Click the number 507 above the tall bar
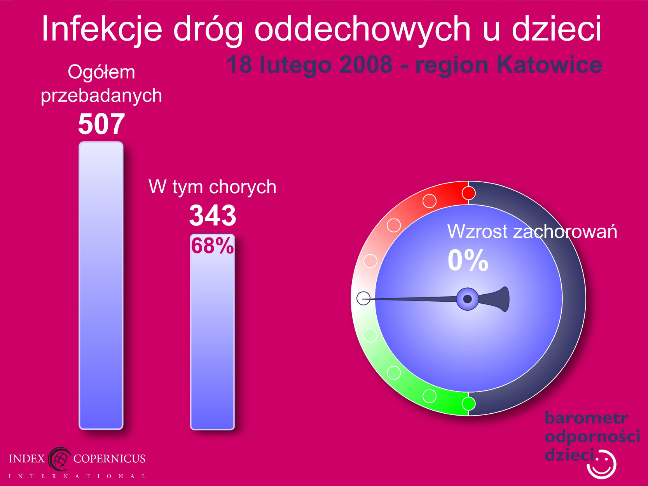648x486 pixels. (101, 124)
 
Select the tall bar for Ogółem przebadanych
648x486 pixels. (101, 285)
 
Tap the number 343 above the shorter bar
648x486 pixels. (213, 215)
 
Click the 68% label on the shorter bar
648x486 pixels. (213, 246)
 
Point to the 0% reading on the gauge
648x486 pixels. (468, 260)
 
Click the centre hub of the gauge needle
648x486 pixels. (467, 299)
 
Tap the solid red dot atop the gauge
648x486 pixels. (468, 193)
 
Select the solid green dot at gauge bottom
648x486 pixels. (468, 404)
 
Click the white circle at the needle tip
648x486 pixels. (363, 298)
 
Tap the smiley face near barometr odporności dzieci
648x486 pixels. (601, 464)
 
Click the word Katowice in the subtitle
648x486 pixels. (549, 65)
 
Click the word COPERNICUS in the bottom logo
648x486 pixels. (109, 458)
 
